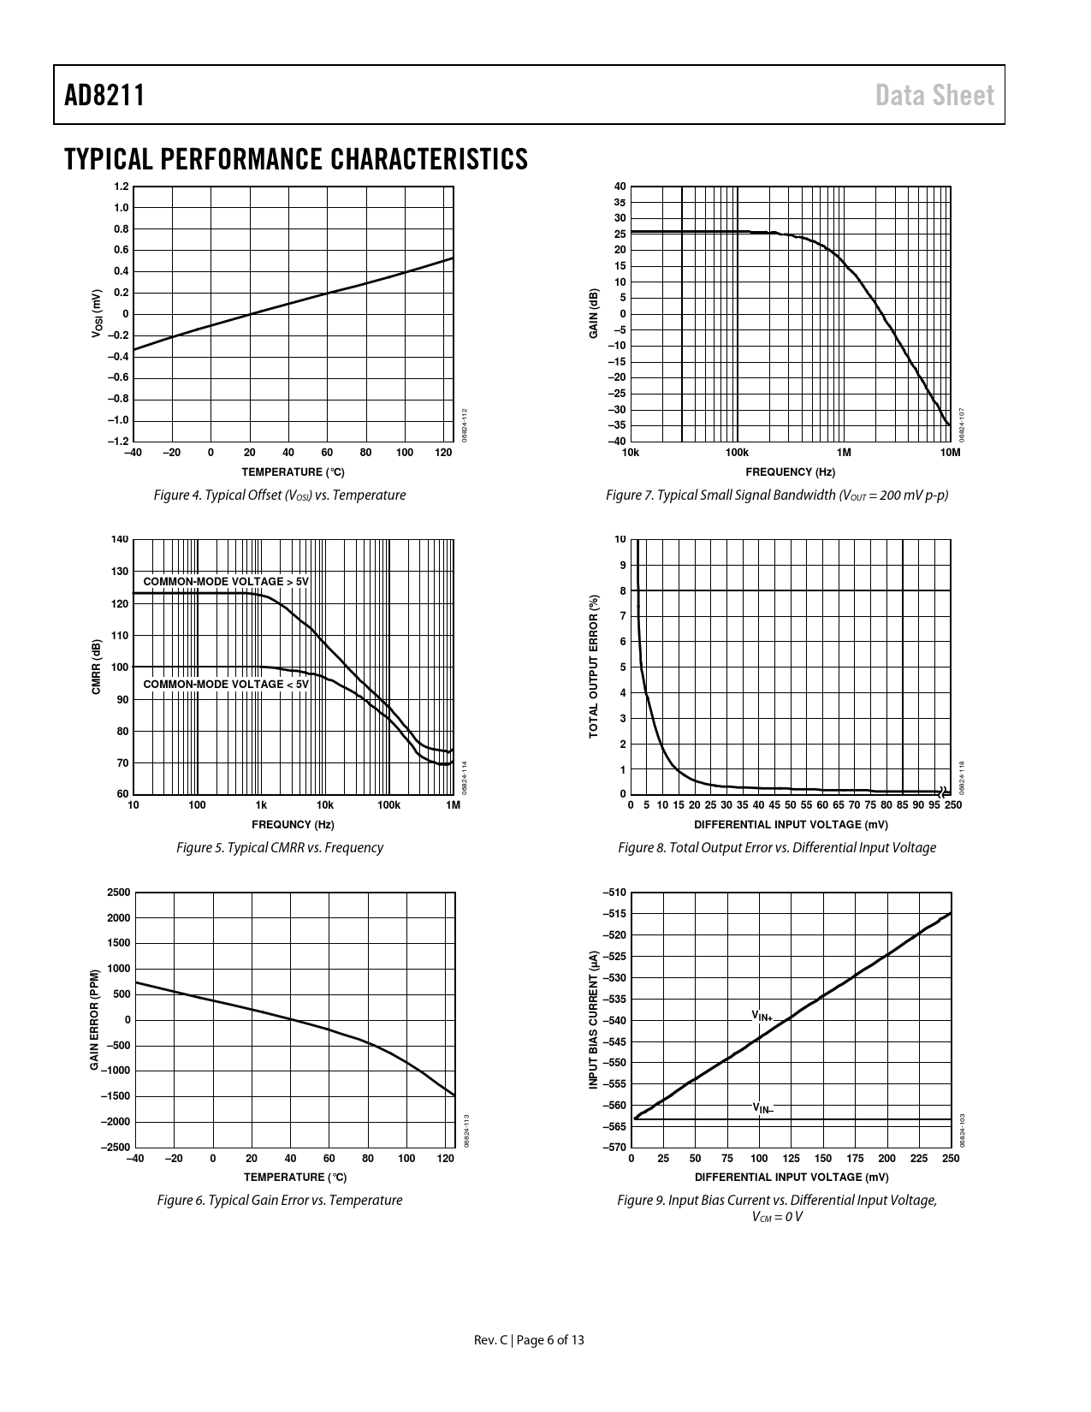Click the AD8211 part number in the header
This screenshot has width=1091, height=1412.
click(104, 95)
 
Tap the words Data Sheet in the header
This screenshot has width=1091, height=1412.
click(934, 95)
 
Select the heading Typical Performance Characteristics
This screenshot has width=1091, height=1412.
click(295, 158)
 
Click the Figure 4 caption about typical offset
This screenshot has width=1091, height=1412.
click(279, 495)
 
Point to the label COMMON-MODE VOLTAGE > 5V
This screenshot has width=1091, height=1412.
click(225, 582)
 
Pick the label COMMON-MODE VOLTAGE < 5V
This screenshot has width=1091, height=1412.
click(225, 684)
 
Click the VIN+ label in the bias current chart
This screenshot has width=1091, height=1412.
click(762, 1016)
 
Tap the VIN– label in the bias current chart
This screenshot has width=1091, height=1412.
click(762, 1108)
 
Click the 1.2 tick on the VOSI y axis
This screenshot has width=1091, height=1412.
click(121, 187)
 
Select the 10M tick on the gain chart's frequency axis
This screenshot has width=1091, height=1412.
click(950, 452)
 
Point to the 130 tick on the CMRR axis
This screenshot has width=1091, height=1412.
click(120, 572)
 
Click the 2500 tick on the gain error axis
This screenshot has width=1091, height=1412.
click(119, 893)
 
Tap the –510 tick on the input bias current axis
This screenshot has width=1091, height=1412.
click(614, 893)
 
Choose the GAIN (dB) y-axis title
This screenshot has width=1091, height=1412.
click(593, 313)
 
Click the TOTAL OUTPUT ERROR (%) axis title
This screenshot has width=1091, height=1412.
click(593, 667)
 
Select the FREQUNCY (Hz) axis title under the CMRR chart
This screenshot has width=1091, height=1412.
click(293, 825)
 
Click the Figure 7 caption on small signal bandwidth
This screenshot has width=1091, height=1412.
click(776, 495)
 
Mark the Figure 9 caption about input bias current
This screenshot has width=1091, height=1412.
click(777, 1207)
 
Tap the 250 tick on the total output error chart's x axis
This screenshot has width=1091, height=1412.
click(952, 805)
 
